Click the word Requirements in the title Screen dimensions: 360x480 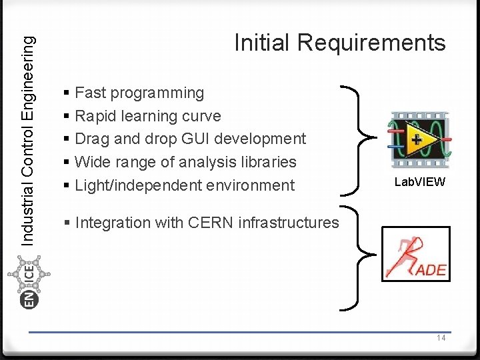click(371, 43)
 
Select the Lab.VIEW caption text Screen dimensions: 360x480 click(419, 182)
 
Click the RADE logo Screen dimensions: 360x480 click(416, 254)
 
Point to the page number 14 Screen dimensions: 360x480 click(441, 338)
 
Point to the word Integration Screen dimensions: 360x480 click(110, 223)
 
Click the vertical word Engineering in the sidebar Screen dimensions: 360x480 click(28, 73)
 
